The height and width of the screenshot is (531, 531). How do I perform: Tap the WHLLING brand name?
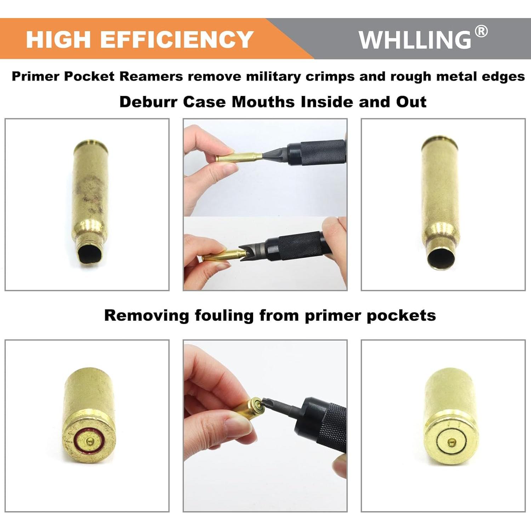[x=415, y=40]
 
